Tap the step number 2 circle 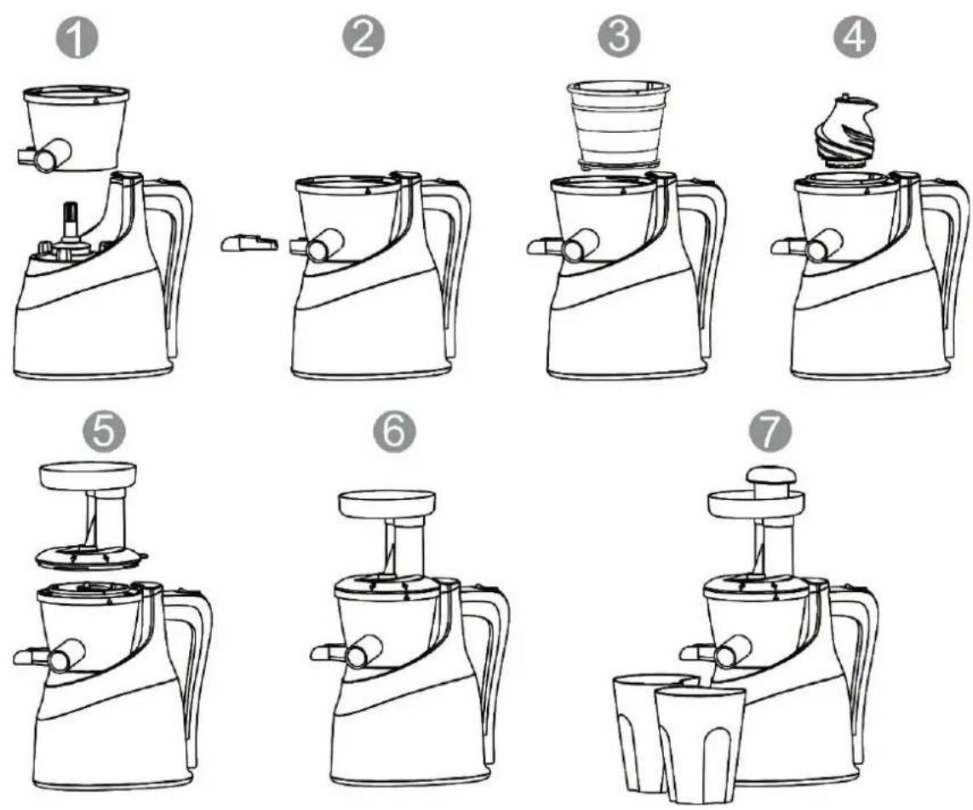(364, 37)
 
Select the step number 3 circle (619, 37)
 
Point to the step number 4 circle (855, 37)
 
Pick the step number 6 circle (394, 430)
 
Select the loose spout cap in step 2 (249, 244)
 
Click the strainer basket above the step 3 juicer (619, 124)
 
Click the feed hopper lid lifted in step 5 (92, 514)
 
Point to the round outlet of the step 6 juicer (358, 654)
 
